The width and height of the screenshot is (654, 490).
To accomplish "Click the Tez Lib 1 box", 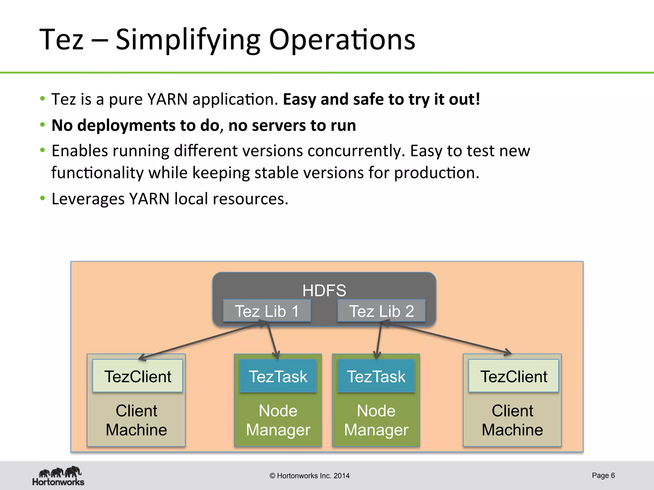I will (267, 311).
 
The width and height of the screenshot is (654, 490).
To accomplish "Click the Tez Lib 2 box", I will (381, 311).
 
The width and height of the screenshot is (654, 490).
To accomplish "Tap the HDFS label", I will (324, 290).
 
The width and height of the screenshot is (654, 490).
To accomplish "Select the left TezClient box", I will (138, 376).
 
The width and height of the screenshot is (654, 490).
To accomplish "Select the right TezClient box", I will (513, 376).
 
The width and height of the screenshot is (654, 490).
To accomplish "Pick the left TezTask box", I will (278, 376).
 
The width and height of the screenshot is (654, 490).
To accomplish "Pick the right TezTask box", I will (376, 376).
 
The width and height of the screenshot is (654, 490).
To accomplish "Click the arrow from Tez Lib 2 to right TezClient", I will (447, 338).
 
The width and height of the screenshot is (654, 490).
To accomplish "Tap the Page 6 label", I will (603, 475).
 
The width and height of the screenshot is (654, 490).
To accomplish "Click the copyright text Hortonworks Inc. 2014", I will (309, 476).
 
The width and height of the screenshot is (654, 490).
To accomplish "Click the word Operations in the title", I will (342, 40).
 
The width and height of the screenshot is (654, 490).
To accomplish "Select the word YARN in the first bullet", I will (167, 99).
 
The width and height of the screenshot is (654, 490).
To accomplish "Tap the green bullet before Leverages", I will (42, 198).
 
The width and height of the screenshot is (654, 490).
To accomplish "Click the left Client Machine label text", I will (136, 420).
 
